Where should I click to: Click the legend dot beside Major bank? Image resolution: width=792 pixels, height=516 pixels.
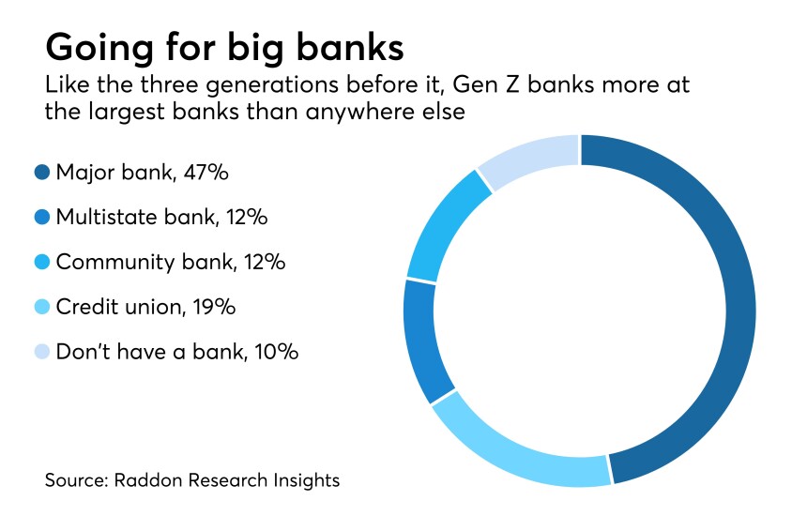click(x=41, y=173)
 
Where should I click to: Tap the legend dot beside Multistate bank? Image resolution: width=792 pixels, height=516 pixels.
click(x=41, y=218)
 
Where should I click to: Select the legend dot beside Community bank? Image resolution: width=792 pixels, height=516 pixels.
click(x=41, y=263)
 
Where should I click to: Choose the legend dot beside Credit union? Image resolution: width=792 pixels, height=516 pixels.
click(x=41, y=308)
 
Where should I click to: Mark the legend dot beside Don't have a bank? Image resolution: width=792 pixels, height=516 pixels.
click(x=41, y=353)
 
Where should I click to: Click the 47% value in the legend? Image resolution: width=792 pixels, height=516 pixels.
click(x=208, y=173)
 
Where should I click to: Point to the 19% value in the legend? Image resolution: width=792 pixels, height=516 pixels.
click(x=215, y=308)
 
